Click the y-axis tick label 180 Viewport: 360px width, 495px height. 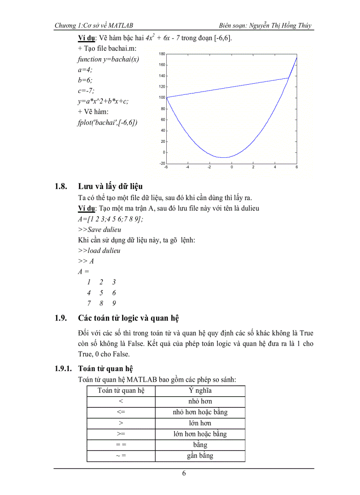click(x=161, y=54)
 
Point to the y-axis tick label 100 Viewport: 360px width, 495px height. click(x=161, y=97)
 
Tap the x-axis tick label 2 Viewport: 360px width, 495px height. click(x=253, y=167)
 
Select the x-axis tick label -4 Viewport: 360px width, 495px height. click(x=187, y=167)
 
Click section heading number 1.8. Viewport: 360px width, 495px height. click(x=60, y=186)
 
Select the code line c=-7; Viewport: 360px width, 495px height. click(x=86, y=91)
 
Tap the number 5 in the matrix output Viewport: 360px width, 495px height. click(x=101, y=293)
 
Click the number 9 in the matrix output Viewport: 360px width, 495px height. click(x=114, y=303)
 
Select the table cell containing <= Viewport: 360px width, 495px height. click(x=121, y=412)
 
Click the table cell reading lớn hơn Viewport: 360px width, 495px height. click(x=200, y=423)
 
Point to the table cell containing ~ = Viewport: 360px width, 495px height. click(x=121, y=456)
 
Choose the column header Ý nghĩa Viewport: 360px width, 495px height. click(x=200, y=391)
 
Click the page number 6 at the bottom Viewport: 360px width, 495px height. click(x=184, y=474)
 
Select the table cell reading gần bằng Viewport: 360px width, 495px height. click(x=200, y=456)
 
